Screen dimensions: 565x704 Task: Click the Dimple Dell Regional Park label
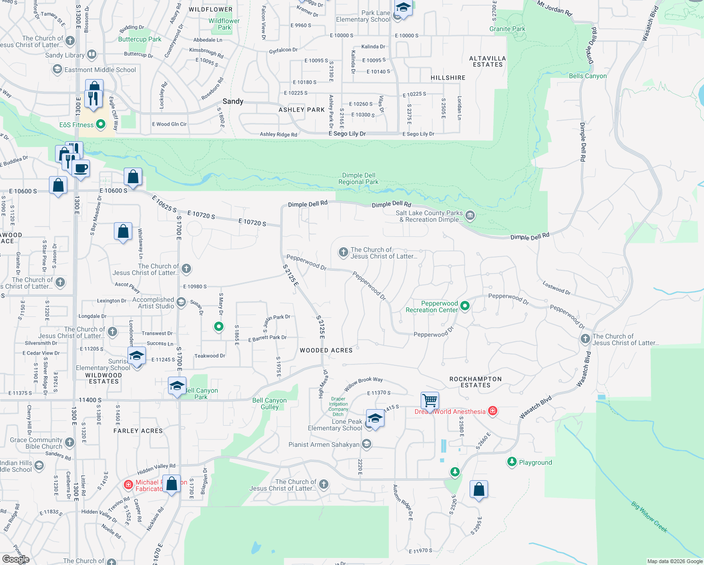358,178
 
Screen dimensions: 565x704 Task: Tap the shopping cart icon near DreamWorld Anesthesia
430,401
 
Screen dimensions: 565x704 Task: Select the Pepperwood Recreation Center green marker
465,306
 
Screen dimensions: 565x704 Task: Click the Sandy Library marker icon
92,55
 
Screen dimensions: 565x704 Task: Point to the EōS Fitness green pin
101,124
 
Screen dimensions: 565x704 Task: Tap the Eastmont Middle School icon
57,70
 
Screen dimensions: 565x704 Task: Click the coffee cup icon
81,168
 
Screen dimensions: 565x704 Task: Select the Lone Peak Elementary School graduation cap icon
375,419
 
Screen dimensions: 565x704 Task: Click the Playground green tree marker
512,462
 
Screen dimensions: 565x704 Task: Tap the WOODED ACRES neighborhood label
326,350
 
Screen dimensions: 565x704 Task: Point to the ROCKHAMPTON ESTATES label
475,382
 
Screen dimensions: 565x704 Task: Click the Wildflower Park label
224,24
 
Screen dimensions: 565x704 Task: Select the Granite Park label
507,29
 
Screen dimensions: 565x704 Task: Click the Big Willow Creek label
649,517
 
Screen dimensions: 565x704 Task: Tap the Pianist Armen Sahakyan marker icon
367,444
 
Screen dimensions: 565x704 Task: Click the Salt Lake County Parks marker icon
470,216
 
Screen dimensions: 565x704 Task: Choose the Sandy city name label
233,101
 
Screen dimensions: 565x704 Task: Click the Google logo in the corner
16,559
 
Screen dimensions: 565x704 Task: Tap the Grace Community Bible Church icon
70,442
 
